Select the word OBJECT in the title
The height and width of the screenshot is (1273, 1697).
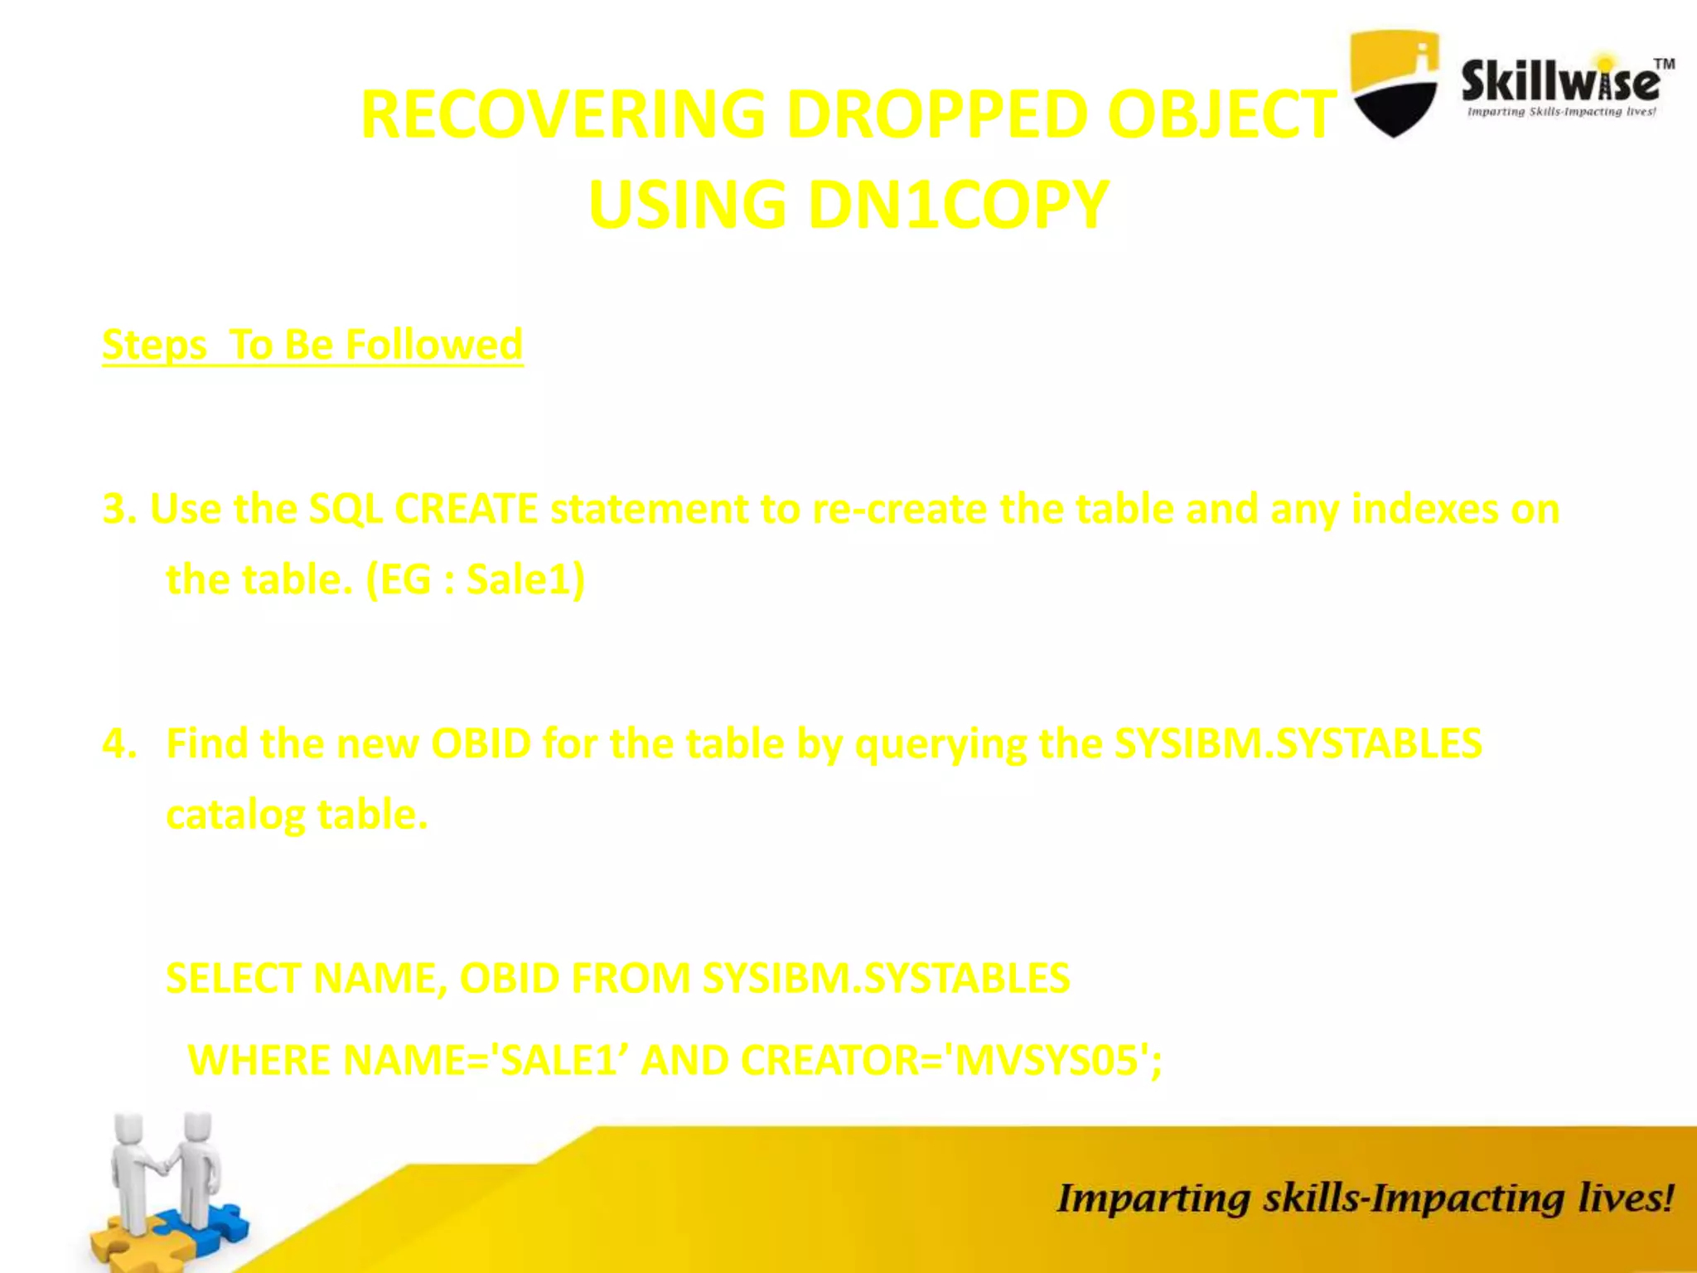(1221, 114)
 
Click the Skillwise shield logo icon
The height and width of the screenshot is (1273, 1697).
(1394, 83)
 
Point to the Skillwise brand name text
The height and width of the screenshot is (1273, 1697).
(1560, 82)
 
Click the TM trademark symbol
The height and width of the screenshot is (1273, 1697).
(1664, 64)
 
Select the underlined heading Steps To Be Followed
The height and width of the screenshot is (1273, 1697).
(312, 345)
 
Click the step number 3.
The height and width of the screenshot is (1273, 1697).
(118, 509)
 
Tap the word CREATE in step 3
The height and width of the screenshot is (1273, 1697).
(466, 509)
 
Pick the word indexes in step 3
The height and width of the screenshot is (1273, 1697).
(1424, 509)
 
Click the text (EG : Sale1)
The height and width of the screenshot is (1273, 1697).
(475, 579)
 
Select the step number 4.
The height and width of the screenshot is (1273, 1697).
(118, 743)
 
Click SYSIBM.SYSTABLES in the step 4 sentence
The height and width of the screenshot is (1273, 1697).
(1298, 743)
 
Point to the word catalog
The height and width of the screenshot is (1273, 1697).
(235, 815)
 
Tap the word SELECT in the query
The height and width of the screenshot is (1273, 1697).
(234, 978)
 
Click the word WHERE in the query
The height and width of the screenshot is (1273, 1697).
(259, 1060)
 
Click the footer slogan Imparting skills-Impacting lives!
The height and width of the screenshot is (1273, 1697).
(1364, 1198)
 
